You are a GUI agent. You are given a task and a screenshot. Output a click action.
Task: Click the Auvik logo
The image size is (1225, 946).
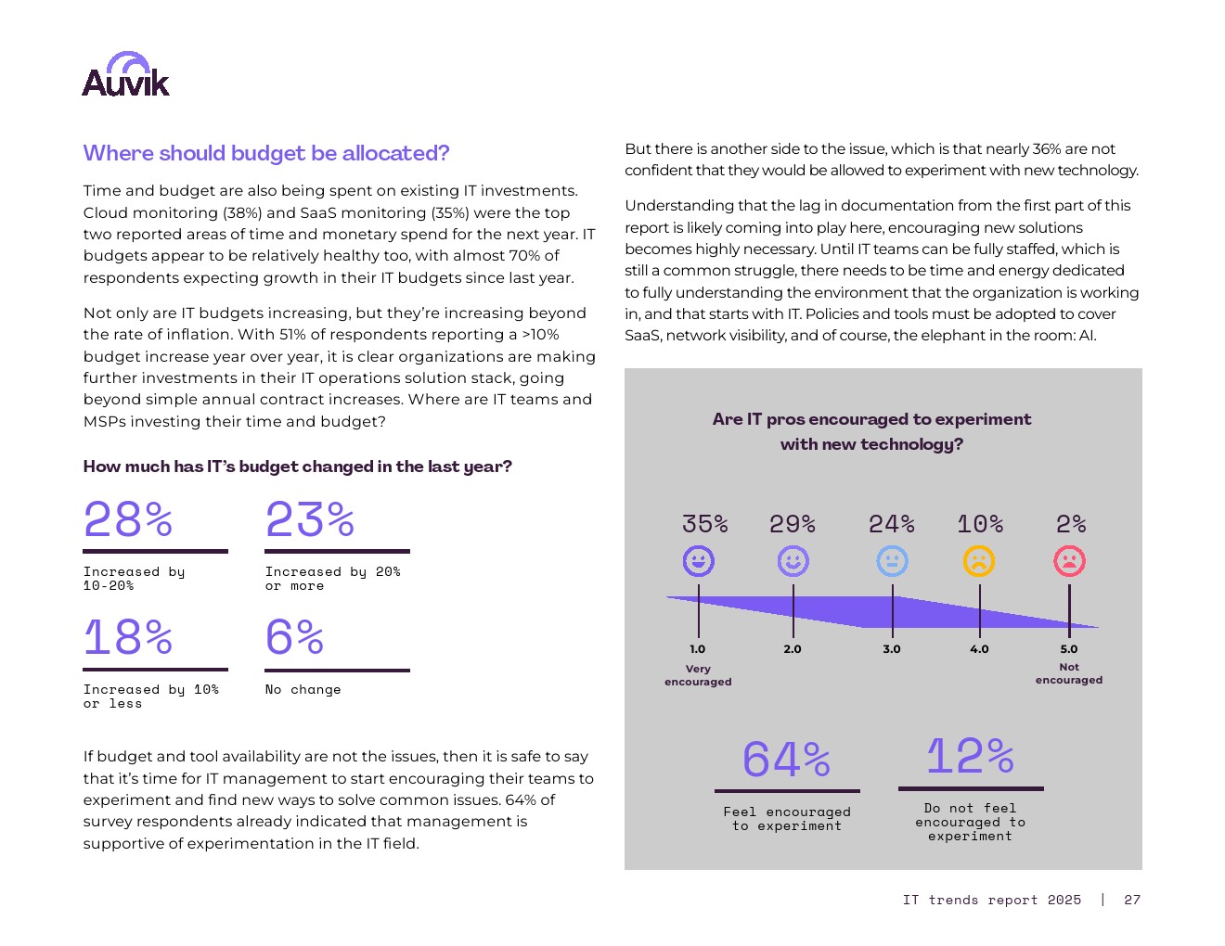[x=126, y=75]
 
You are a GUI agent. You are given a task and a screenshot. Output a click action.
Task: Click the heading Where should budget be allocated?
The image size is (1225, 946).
[x=266, y=153]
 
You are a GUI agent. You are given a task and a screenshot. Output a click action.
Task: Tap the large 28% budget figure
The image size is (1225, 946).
[x=128, y=519]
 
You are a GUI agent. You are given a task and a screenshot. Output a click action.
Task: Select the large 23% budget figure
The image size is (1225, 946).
[x=310, y=519]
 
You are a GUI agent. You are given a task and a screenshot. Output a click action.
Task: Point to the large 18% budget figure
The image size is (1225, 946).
[x=128, y=637]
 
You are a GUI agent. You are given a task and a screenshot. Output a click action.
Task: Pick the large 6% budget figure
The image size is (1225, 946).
[x=294, y=637]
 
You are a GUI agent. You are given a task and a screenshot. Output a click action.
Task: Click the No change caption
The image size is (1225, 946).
[x=303, y=690]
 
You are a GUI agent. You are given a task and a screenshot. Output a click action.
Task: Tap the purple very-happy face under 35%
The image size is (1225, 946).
[x=699, y=561]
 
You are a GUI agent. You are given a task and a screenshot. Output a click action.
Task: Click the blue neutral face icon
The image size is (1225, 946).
[x=892, y=561]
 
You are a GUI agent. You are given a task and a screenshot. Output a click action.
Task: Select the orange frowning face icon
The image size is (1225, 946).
[x=979, y=561]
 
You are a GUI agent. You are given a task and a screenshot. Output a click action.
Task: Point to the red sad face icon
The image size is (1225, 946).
[x=1069, y=561]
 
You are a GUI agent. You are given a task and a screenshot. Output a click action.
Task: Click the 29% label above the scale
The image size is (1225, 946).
[x=793, y=524]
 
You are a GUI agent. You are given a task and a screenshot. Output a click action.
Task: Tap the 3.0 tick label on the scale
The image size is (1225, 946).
[x=892, y=649]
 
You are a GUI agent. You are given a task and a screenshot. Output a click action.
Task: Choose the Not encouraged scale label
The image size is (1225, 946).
[x=1069, y=673]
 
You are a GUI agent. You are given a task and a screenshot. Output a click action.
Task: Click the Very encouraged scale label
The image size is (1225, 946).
[x=698, y=675]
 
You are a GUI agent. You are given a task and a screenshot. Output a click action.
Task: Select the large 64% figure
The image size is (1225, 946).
[x=786, y=760]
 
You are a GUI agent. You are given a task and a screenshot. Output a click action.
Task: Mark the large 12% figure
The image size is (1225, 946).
[x=970, y=756]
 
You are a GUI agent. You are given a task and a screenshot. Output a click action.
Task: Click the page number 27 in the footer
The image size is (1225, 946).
[x=1132, y=900]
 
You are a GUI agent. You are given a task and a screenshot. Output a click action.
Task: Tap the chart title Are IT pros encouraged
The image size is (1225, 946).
[x=871, y=431]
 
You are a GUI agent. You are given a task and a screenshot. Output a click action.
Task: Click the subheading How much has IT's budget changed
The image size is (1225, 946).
[x=298, y=467]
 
